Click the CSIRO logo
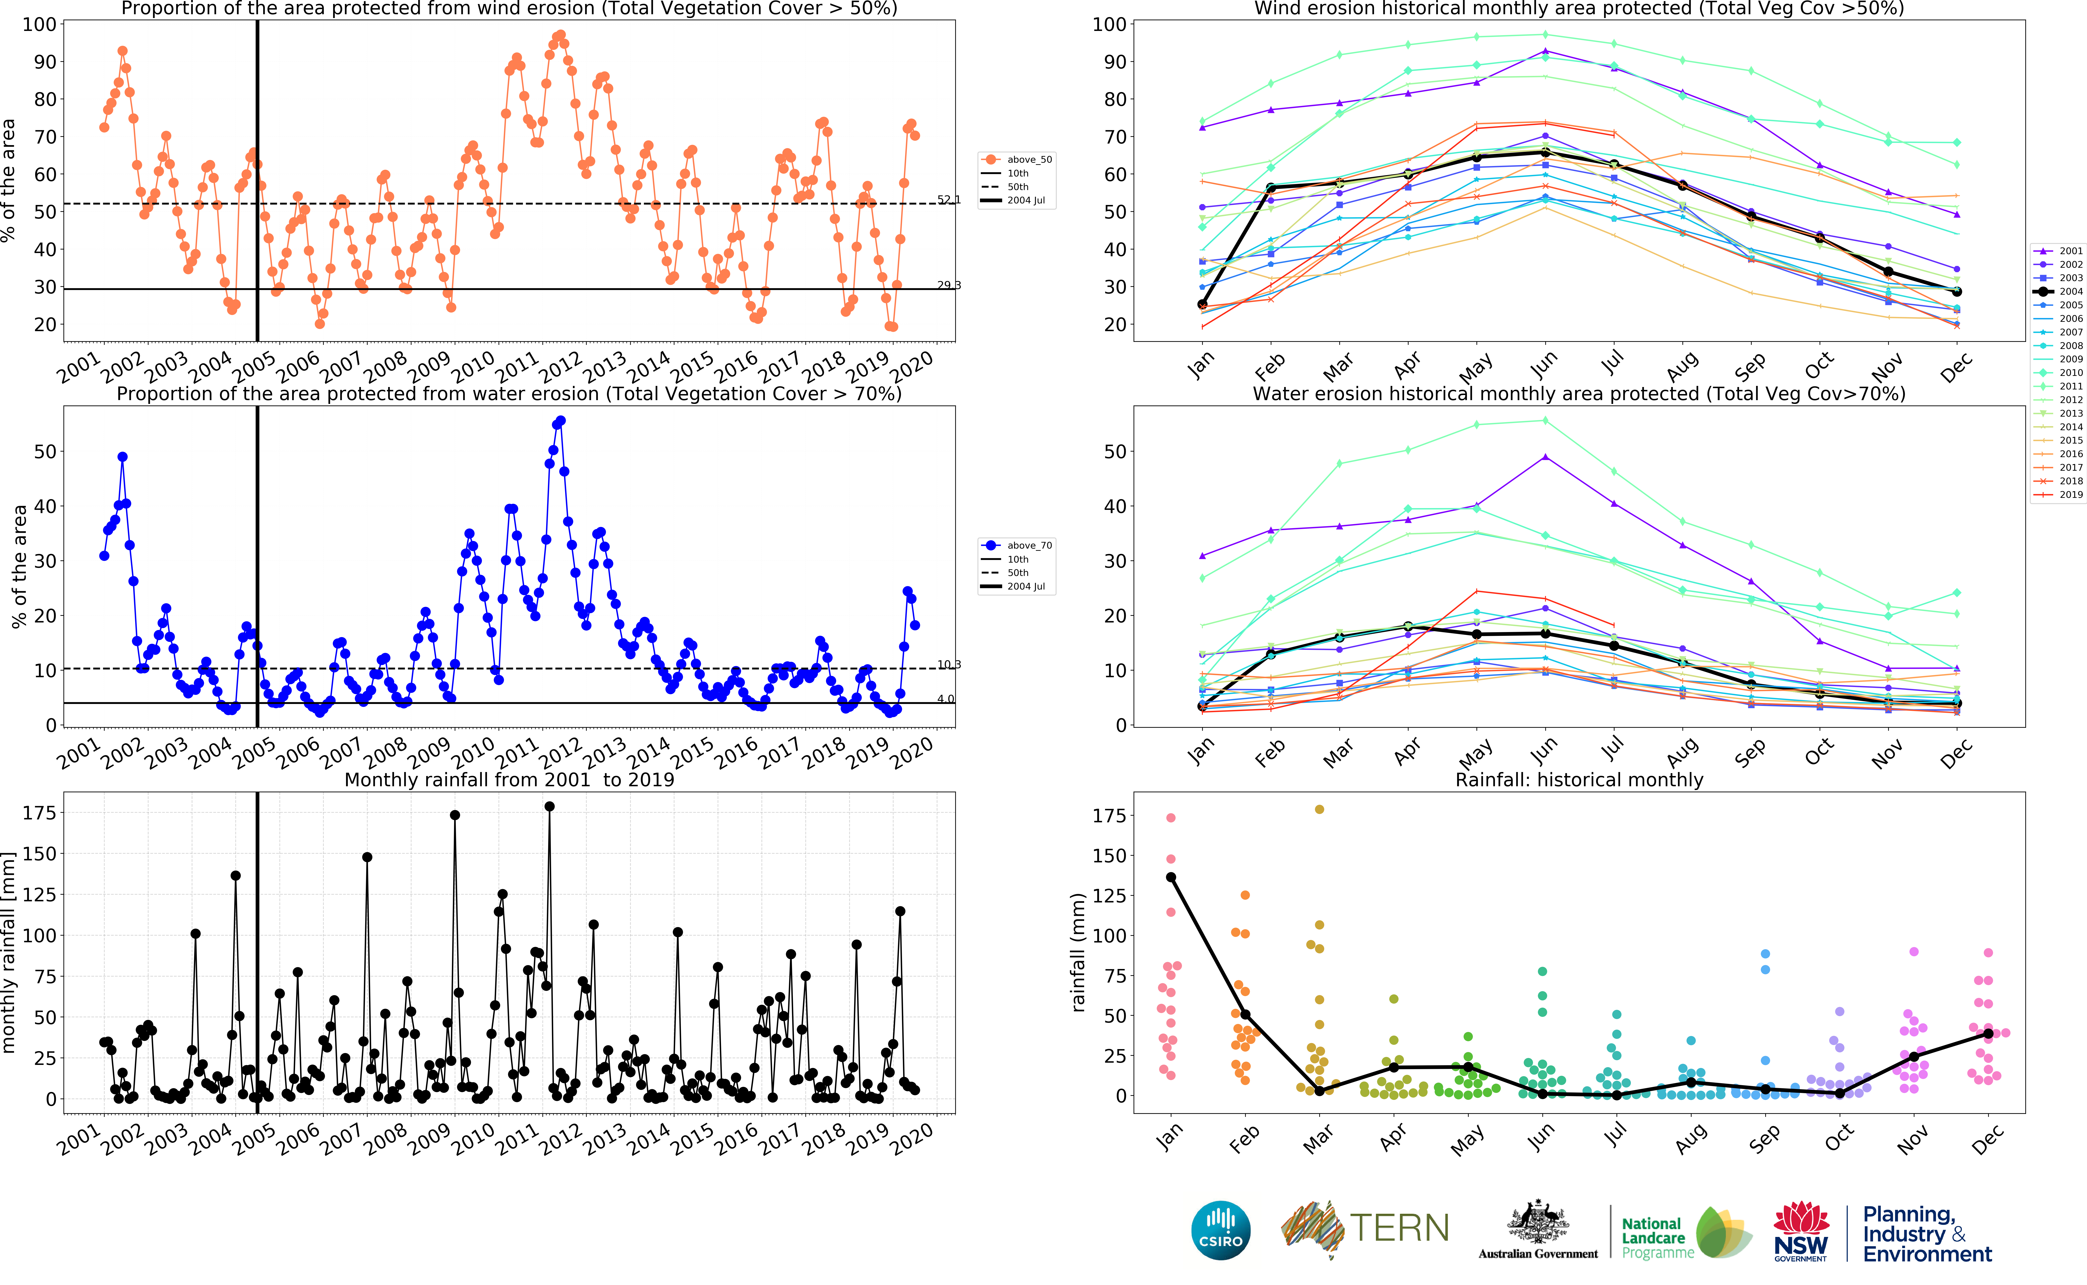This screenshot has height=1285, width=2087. [x=1221, y=1230]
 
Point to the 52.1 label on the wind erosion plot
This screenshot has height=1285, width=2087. [x=948, y=200]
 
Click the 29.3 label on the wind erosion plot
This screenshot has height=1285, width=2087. [x=948, y=286]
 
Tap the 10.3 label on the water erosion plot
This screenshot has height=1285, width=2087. [x=948, y=665]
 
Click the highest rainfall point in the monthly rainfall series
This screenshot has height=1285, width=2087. [x=549, y=807]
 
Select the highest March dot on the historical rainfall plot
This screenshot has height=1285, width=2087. [x=1319, y=809]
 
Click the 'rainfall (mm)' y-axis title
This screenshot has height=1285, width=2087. [x=1078, y=952]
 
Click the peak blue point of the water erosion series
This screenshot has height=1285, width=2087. [x=560, y=421]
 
